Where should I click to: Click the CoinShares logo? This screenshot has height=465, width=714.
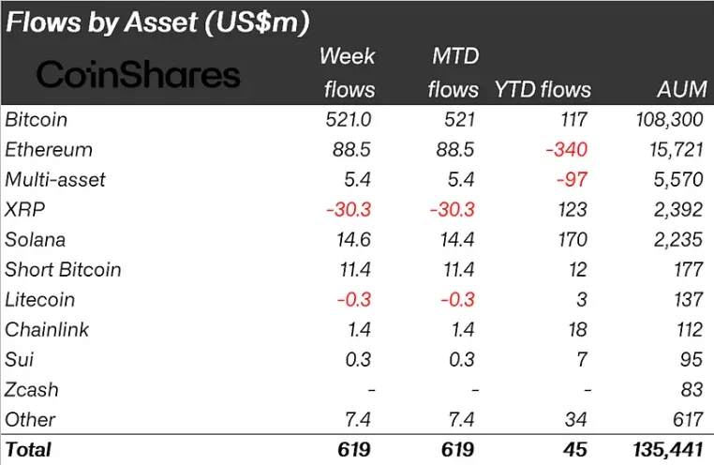(x=138, y=74)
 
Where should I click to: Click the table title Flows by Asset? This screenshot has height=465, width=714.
(x=158, y=21)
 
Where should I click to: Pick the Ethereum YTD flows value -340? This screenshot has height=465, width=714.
(x=568, y=150)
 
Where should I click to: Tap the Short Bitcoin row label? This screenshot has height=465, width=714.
(x=63, y=270)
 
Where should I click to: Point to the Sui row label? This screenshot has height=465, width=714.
(x=19, y=360)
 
